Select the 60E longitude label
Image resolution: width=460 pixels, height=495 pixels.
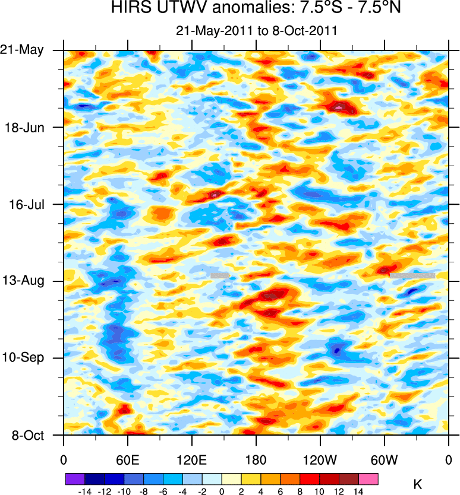pyautogui.click(x=127, y=460)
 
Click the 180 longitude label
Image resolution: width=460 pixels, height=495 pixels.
pyautogui.click(x=256, y=460)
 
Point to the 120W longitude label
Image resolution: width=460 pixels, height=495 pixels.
pyautogui.click(x=320, y=460)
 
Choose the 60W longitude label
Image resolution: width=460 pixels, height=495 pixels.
pyautogui.click(x=384, y=460)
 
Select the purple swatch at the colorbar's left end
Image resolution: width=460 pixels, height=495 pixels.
pyautogui.click(x=75, y=478)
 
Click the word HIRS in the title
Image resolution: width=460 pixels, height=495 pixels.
pyautogui.click(x=129, y=9)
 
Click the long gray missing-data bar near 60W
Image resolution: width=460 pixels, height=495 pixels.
pyautogui.click(x=412, y=275)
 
